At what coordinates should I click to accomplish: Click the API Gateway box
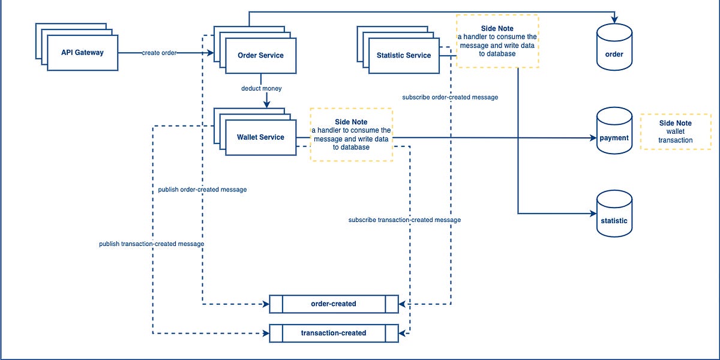[x=82, y=53]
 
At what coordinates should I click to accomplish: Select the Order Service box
[x=260, y=56]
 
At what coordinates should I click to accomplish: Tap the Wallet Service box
[x=260, y=137]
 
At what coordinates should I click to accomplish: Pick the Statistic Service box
[x=403, y=56]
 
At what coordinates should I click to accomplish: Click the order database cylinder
[x=614, y=47]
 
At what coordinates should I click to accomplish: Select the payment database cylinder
[x=614, y=132]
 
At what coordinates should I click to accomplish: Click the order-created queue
[x=334, y=304]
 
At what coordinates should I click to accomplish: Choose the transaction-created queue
[x=334, y=333]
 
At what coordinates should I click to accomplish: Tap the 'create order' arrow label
[x=159, y=53]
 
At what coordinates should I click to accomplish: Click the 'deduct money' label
[x=261, y=88]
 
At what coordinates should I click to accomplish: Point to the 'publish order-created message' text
[x=202, y=190]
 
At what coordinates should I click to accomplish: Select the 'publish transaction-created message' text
[x=152, y=244]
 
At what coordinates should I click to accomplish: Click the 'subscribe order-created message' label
[x=450, y=97]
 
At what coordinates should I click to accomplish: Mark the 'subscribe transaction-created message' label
[x=404, y=220]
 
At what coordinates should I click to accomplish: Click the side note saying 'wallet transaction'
[x=676, y=131]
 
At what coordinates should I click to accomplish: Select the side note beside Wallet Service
[x=351, y=134]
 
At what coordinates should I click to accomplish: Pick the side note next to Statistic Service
[x=497, y=41]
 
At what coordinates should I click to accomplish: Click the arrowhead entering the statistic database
[x=592, y=214]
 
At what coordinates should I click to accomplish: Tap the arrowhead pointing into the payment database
[x=592, y=138]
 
